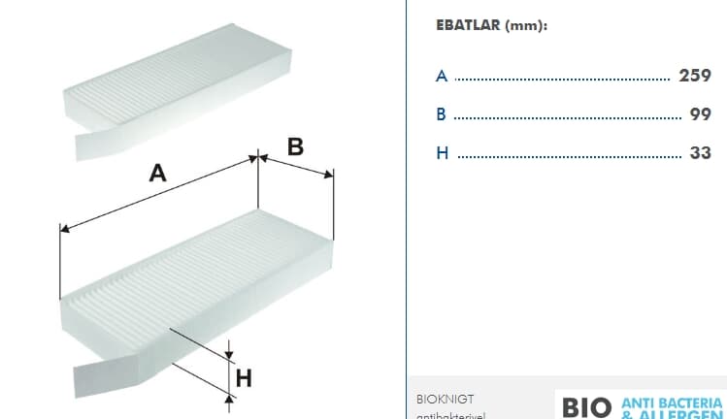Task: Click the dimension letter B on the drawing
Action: coord(296,147)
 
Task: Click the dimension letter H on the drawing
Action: coord(245,378)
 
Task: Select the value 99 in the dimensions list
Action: coord(700,114)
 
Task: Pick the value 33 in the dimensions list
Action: coord(700,153)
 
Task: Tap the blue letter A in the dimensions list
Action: coord(442,76)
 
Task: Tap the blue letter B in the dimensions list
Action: coord(442,114)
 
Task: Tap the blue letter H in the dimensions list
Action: coord(443,153)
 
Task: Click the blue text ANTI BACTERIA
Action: coord(672,403)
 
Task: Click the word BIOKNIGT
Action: coord(446,399)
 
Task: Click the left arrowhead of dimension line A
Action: coord(64,229)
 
